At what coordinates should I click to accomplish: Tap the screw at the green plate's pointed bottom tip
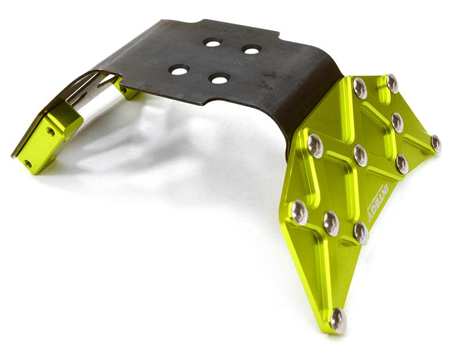click(x=338, y=321)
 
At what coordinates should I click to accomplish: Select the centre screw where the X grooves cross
click(x=360, y=155)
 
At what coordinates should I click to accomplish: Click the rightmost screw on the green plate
click(x=436, y=143)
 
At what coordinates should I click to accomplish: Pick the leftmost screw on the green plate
click(x=299, y=213)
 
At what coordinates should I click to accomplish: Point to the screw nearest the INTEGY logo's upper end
click(x=402, y=164)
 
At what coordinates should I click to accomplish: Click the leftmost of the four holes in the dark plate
click(x=179, y=70)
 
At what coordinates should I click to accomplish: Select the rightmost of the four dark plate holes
click(x=251, y=50)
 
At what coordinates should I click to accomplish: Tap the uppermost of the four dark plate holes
click(x=213, y=42)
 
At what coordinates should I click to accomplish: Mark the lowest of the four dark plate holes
click(x=219, y=78)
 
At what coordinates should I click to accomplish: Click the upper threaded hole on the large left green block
click(x=51, y=131)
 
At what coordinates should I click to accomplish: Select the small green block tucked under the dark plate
click(x=129, y=91)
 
